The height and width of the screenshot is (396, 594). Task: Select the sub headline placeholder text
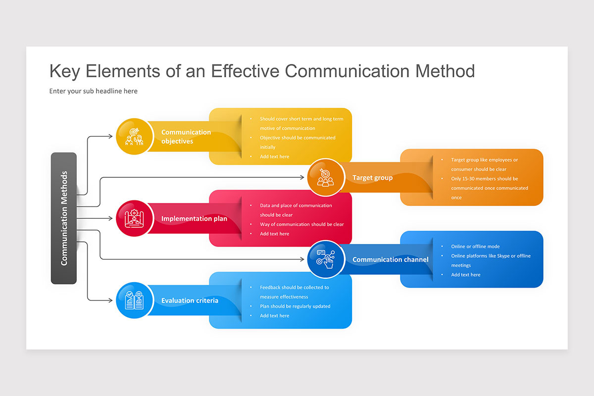tap(94, 91)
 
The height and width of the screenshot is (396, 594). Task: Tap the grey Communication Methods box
tap(64, 218)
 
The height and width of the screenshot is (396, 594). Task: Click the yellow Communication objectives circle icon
tap(134, 136)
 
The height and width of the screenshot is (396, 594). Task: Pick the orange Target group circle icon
tap(325, 177)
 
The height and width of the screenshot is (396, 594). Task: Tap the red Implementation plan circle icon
tap(134, 218)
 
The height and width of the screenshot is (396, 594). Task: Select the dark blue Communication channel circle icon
tap(325, 259)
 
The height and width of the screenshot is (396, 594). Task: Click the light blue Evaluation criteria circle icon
tap(134, 300)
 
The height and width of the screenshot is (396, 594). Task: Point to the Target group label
tap(372, 178)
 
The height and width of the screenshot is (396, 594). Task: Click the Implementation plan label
tap(194, 219)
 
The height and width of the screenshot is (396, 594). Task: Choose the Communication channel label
tap(390, 259)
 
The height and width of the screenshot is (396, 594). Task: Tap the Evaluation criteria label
tap(190, 300)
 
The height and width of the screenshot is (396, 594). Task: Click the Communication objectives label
tap(186, 137)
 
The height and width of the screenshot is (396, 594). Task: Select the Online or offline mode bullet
tap(475, 247)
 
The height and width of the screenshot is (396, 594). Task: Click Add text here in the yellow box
tap(274, 156)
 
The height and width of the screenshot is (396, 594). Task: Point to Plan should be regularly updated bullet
tap(295, 306)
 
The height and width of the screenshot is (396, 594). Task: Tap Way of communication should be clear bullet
tap(301, 224)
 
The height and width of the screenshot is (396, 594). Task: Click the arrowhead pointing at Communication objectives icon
tap(110, 136)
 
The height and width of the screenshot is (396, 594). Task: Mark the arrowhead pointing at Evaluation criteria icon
tap(110, 300)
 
